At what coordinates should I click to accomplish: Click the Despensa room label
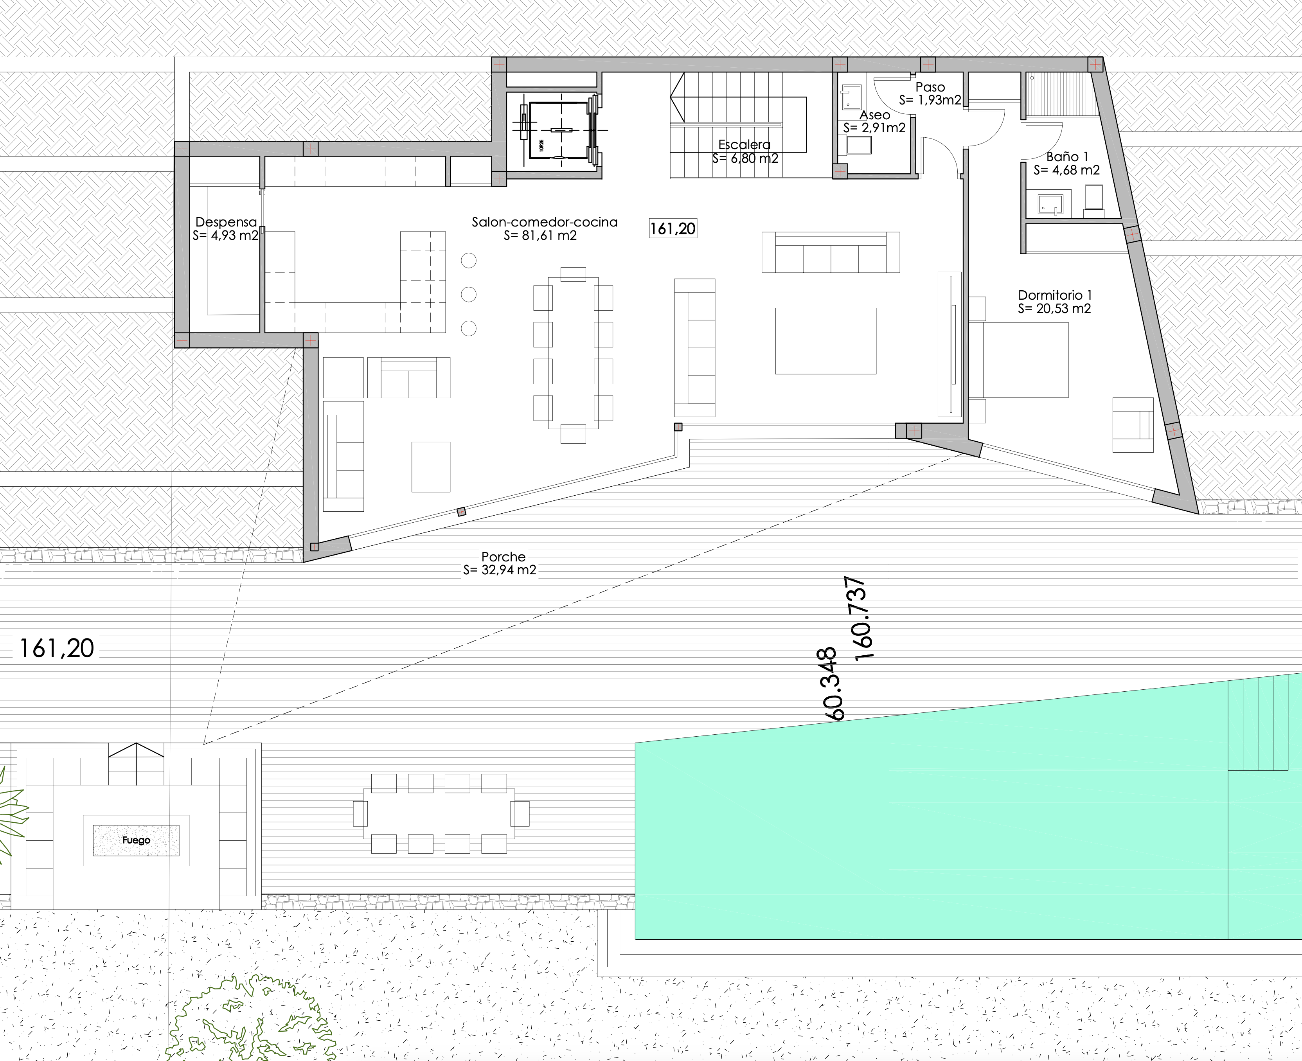(226, 222)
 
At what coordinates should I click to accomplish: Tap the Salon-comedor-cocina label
(544, 222)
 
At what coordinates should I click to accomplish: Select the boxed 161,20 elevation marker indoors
(673, 228)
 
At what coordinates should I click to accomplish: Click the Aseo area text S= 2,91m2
(874, 128)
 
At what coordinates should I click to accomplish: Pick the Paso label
(930, 87)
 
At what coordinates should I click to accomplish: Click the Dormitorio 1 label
(1055, 295)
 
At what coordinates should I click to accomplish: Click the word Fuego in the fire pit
(136, 840)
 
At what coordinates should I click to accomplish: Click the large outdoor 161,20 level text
(57, 649)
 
